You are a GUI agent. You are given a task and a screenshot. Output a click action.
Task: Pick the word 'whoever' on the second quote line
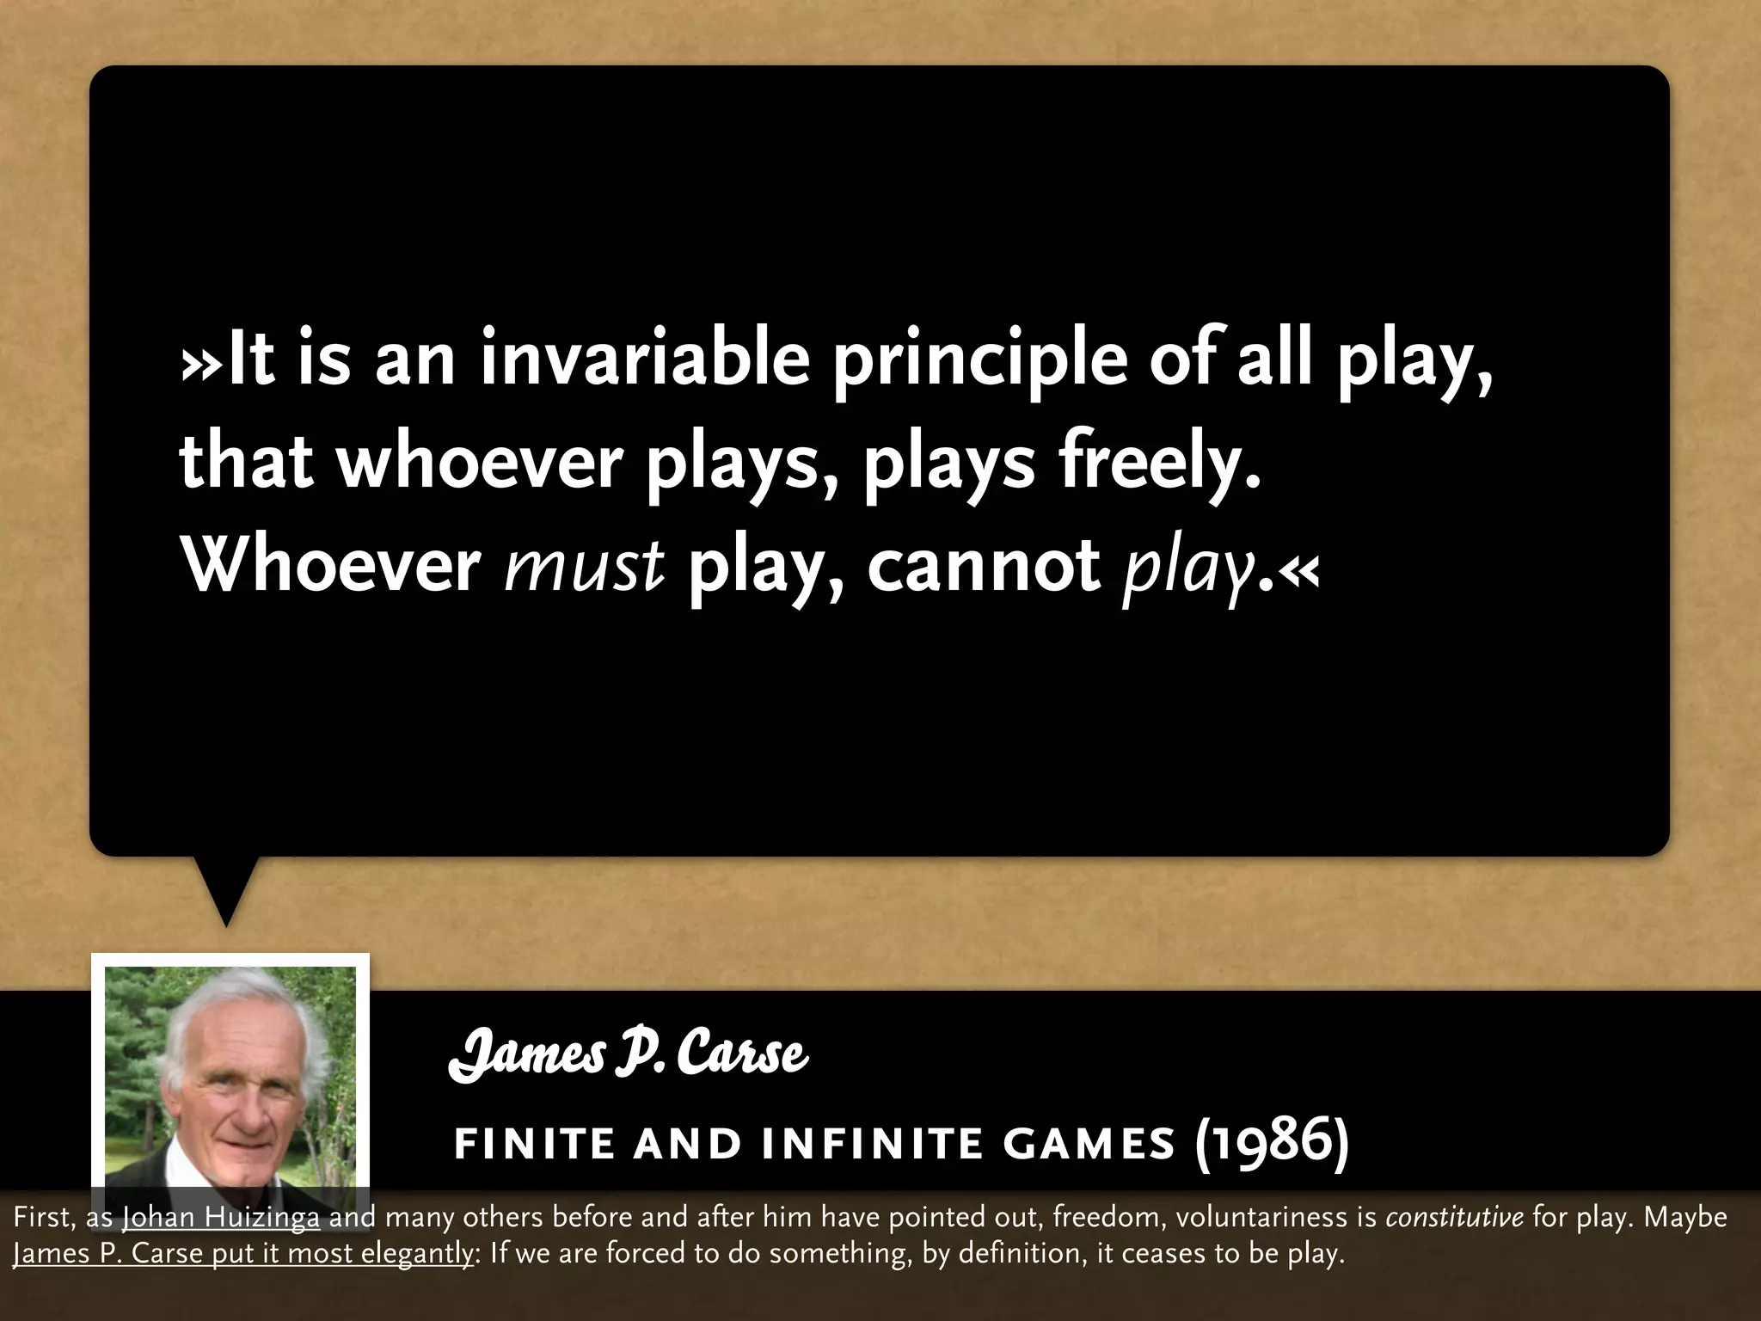(479, 463)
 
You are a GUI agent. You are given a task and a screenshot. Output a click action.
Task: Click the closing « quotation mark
(1298, 568)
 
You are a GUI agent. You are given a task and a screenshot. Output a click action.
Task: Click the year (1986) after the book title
(1271, 1141)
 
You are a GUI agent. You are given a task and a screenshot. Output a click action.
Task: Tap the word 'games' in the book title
(1089, 1144)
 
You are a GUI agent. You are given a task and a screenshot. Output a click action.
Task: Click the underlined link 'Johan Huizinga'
(221, 1217)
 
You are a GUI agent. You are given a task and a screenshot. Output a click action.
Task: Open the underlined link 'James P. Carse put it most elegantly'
(243, 1253)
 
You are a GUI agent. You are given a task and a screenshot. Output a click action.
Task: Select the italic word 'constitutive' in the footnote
(1454, 1217)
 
